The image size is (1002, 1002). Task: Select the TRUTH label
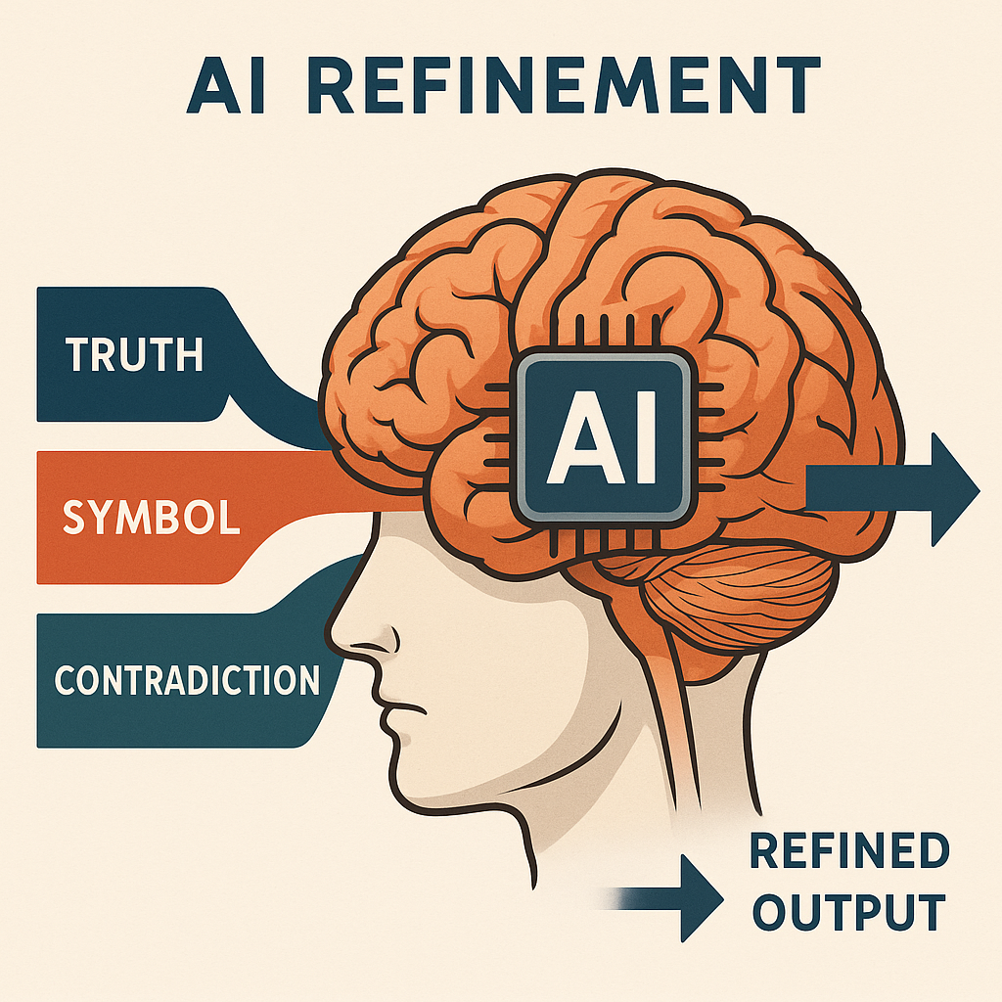pos(136,353)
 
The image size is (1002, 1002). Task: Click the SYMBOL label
pos(151,516)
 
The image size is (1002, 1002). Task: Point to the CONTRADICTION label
pos(187,679)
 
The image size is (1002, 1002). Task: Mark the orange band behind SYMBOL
pos(284,517)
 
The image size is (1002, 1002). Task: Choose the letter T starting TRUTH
pos(78,353)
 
